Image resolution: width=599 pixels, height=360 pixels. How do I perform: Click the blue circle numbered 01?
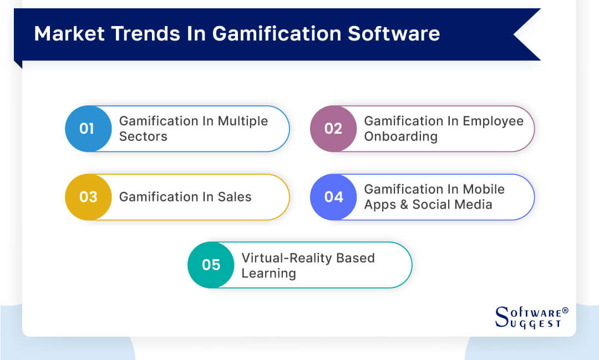pyautogui.click(x=88, y=129)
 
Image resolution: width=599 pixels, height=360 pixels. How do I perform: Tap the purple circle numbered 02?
pyautogui.click(x=333, y=129)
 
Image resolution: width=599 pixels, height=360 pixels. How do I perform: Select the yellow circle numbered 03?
pyautogui.click(x=88, y=197)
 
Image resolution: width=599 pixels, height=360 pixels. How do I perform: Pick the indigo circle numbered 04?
pyautogui.click(x=333, y=197)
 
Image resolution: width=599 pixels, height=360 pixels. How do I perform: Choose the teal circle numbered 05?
pyautogui.click(x=211, y=265)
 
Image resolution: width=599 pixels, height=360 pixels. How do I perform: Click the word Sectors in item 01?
pyautogui.click(x=143, y=136)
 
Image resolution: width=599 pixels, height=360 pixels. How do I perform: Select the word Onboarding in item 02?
pyautogui.click(x=400, y=136)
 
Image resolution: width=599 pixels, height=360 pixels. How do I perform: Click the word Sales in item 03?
pyautogui.click(x=235, y=197)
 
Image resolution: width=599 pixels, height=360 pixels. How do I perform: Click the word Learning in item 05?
pyautogui.click(x=268, y=273)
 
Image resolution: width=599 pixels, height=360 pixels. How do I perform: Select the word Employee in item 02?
pyautogui.click(x=495, y=121)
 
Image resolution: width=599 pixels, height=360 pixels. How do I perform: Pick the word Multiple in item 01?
pyautogui.click(x=242, y=121)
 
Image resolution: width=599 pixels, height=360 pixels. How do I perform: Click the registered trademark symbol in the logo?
pyautogui.click(x=565, y=311)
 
